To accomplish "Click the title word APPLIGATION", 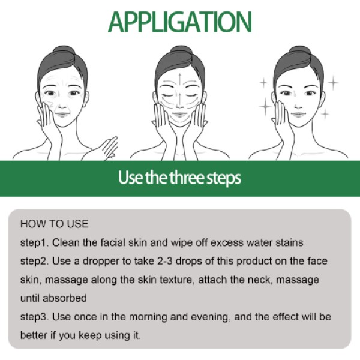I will (x=179, y=21).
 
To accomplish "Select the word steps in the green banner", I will (x=221, y=179).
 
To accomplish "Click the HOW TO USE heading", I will (x=54, y=224).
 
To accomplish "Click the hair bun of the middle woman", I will (x=179, y=53).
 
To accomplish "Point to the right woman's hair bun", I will (x=298, y=53).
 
